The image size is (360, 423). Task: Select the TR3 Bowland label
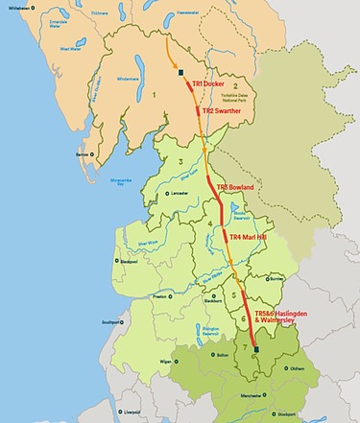236,187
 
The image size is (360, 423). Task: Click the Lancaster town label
179,194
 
